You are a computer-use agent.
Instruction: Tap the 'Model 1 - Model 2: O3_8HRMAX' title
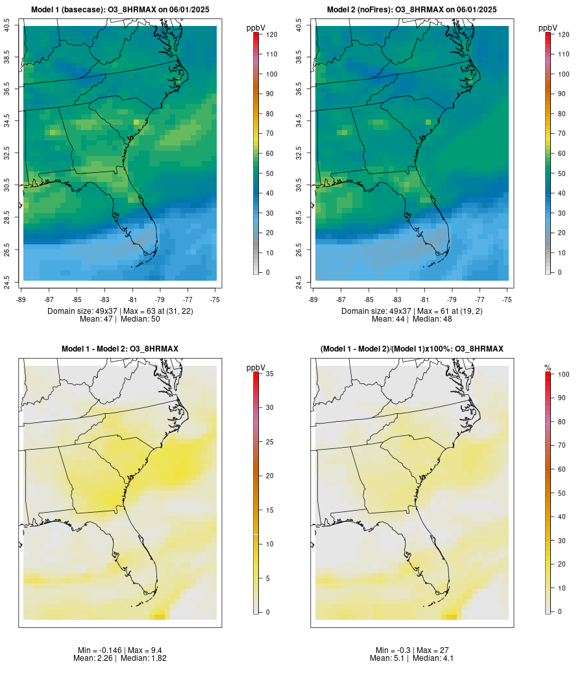click(x=120, y=349)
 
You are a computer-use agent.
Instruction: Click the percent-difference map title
click(x=412, y=349)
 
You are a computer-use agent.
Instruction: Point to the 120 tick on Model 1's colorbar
click(x=269, y=34)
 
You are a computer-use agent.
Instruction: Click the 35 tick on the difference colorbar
click(x=267, y=374)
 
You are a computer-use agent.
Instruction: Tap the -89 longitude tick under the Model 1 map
click(x=23, y=300)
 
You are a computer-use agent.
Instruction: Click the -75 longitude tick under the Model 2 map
click(x=507, y=300)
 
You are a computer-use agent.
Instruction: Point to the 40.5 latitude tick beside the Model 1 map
click(x=7, y=26)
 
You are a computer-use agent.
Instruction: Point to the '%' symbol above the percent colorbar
click(x=548, y=368)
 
